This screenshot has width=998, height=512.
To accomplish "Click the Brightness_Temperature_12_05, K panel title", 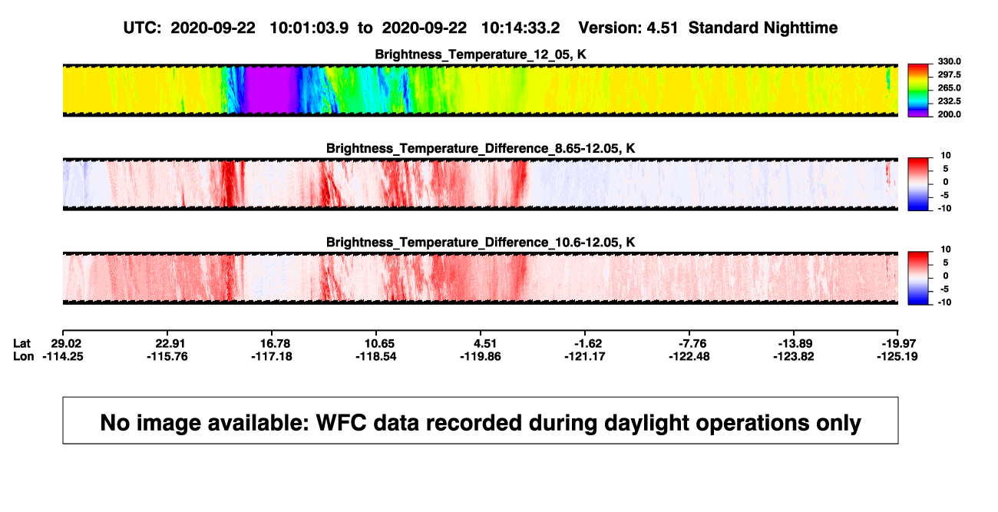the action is coord(481,55).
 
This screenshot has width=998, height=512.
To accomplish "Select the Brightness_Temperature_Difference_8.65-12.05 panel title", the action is coord(481,148).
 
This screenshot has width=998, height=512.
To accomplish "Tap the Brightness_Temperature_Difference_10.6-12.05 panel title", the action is coord(481,243).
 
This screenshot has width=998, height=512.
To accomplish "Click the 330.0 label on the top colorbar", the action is coord(949,61).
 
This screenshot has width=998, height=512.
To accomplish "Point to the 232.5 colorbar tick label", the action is coord(949,101).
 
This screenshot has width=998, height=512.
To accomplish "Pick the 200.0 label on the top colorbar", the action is coord(949,114).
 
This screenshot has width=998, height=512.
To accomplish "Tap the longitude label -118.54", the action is coord(376,356).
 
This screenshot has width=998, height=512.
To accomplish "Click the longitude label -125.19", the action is coord(897,356).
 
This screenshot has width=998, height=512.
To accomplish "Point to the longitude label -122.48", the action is coord(689,356).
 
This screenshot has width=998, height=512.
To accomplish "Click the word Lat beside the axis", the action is coord(21,344).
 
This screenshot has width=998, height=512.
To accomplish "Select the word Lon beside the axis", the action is coord(23,356).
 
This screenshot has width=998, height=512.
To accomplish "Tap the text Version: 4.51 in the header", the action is coord(628,28).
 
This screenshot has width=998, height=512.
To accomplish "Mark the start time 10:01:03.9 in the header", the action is coord(309,28).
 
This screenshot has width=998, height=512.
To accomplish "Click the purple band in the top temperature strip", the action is coord(269,90).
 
